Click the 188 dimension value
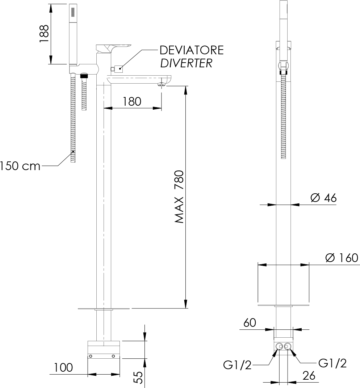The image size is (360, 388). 44,34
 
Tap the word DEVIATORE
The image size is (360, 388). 192,50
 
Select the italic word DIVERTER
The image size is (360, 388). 186,63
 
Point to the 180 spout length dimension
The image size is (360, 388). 132,102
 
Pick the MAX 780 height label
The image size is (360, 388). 180,197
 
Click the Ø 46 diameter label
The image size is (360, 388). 324,198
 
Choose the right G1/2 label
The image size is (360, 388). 332,363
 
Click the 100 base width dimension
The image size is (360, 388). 63,368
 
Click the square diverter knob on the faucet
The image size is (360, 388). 118,68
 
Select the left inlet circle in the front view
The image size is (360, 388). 279,346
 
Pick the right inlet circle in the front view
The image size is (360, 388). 288,346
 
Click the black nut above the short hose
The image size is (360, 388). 84,76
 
